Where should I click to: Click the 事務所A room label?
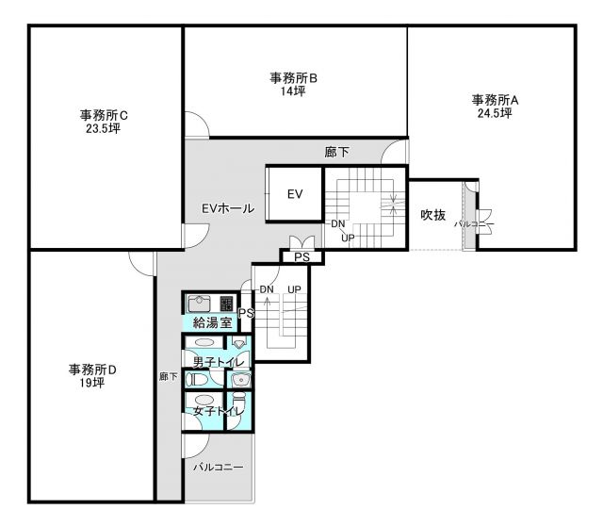pos(495,101)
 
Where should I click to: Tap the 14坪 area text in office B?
pos(293,91)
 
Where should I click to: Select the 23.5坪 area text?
pos(103,128)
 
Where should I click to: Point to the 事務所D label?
pos(92,370)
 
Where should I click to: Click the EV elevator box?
pos(294,194)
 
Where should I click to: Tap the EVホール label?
pos(228,208)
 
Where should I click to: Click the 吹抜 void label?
pos(433,215)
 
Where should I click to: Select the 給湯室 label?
pos(212,322)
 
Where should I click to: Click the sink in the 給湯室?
pos(199,304)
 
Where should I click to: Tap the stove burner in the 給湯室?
pos(226,304)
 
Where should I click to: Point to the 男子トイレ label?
pos(219,362)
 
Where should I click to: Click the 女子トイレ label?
pos(219,411)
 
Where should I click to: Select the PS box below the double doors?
pos(301,257)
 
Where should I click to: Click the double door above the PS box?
pos(301,242)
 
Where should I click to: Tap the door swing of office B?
pos(197,124)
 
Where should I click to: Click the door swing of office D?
pos(141,264)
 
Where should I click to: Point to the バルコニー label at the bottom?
pos(218,468)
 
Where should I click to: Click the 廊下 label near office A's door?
pos(337,153)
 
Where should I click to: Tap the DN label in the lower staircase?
pos(267,289)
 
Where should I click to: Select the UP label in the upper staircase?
pos(348,238)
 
